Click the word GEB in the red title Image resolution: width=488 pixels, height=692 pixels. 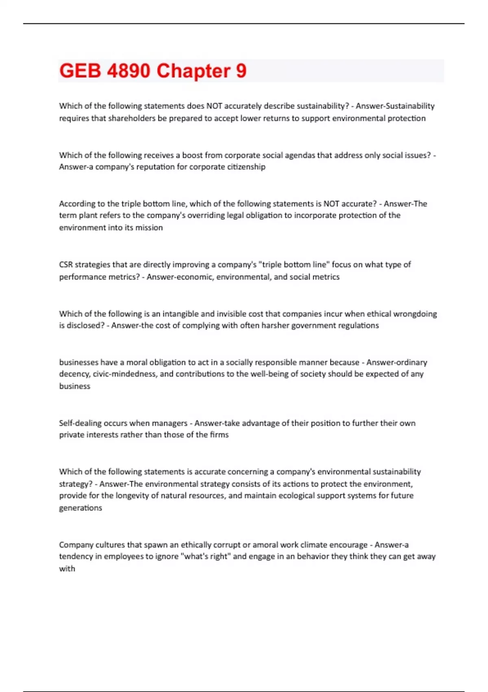(80, 71)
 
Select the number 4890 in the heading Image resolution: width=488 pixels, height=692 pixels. (129, 71)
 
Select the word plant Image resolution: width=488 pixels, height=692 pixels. (88, 215)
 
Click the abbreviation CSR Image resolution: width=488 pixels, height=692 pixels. (66, 265)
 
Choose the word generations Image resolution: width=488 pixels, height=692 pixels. (81, 508)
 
